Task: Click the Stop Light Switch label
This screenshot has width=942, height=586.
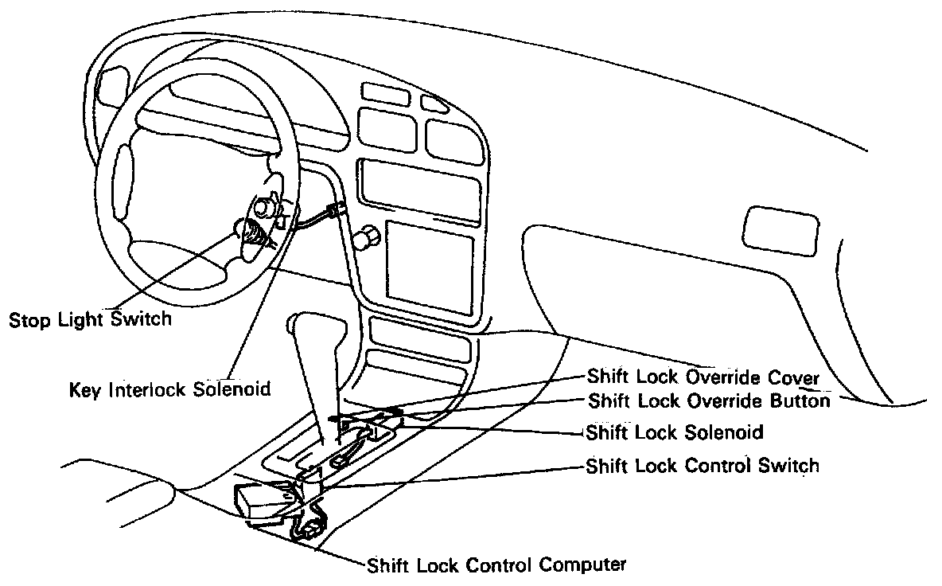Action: (x=89, y=320)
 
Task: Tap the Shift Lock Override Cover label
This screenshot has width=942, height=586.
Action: (x=703, y=376)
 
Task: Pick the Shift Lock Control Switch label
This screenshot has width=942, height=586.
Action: (x=703, y=465)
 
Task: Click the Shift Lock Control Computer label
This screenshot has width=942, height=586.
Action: (x=496, y=566)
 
